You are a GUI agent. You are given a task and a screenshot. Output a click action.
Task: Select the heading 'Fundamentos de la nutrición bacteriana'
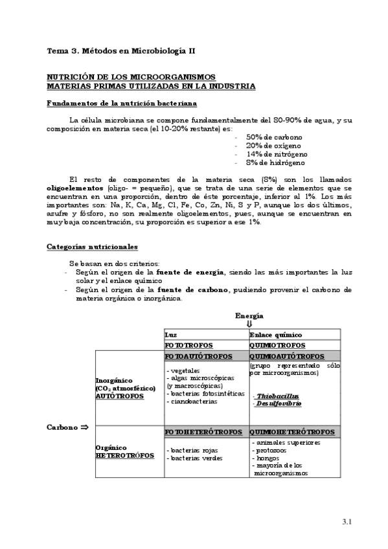click(x=122, y=103)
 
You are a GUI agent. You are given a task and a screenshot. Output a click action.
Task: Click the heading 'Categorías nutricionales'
click(x=91, y=247)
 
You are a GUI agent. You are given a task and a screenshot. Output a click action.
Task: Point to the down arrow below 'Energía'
click(x=249, y=324)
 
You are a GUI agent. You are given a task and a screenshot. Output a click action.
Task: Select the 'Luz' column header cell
click(x=206, y=335)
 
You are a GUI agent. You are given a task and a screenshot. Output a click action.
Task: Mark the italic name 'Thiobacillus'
click(x=277, y=396)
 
